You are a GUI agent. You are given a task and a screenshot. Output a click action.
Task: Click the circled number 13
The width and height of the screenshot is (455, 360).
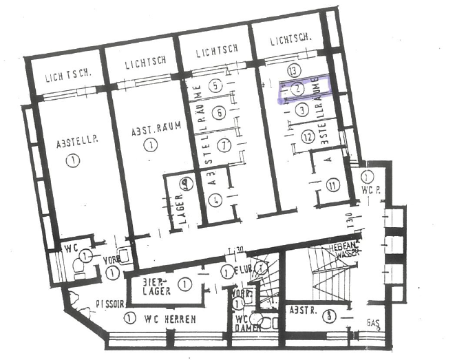(295, 71)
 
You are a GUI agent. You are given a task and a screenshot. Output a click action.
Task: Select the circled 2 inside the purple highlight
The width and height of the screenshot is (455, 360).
(297, 88)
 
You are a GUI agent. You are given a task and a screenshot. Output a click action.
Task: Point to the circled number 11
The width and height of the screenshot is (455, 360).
(334, 184)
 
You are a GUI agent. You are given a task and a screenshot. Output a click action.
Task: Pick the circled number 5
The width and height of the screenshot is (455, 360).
(217, 86)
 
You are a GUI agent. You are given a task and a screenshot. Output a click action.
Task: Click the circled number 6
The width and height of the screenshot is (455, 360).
(219, 113)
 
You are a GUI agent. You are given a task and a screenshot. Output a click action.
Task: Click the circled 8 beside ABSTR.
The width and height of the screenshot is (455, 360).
(331, 316)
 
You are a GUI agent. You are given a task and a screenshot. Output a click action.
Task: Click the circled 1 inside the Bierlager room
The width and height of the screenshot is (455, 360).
(184, 283)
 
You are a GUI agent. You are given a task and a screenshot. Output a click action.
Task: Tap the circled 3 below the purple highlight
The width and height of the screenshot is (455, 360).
(299, 109)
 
